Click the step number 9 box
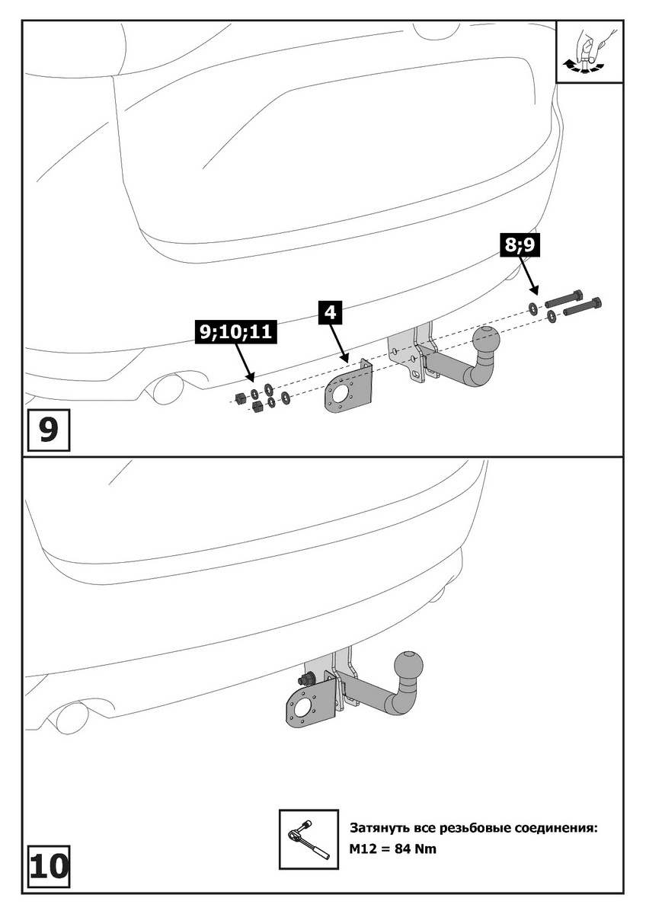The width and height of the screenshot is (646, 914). tap(47, 430)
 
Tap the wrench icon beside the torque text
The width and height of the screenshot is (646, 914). tap(307, 839)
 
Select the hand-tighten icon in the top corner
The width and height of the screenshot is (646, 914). tap(590, 51)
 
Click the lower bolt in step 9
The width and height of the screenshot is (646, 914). tap(583, 308)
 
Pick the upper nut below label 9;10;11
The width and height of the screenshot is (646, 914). tap(238, 396)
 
